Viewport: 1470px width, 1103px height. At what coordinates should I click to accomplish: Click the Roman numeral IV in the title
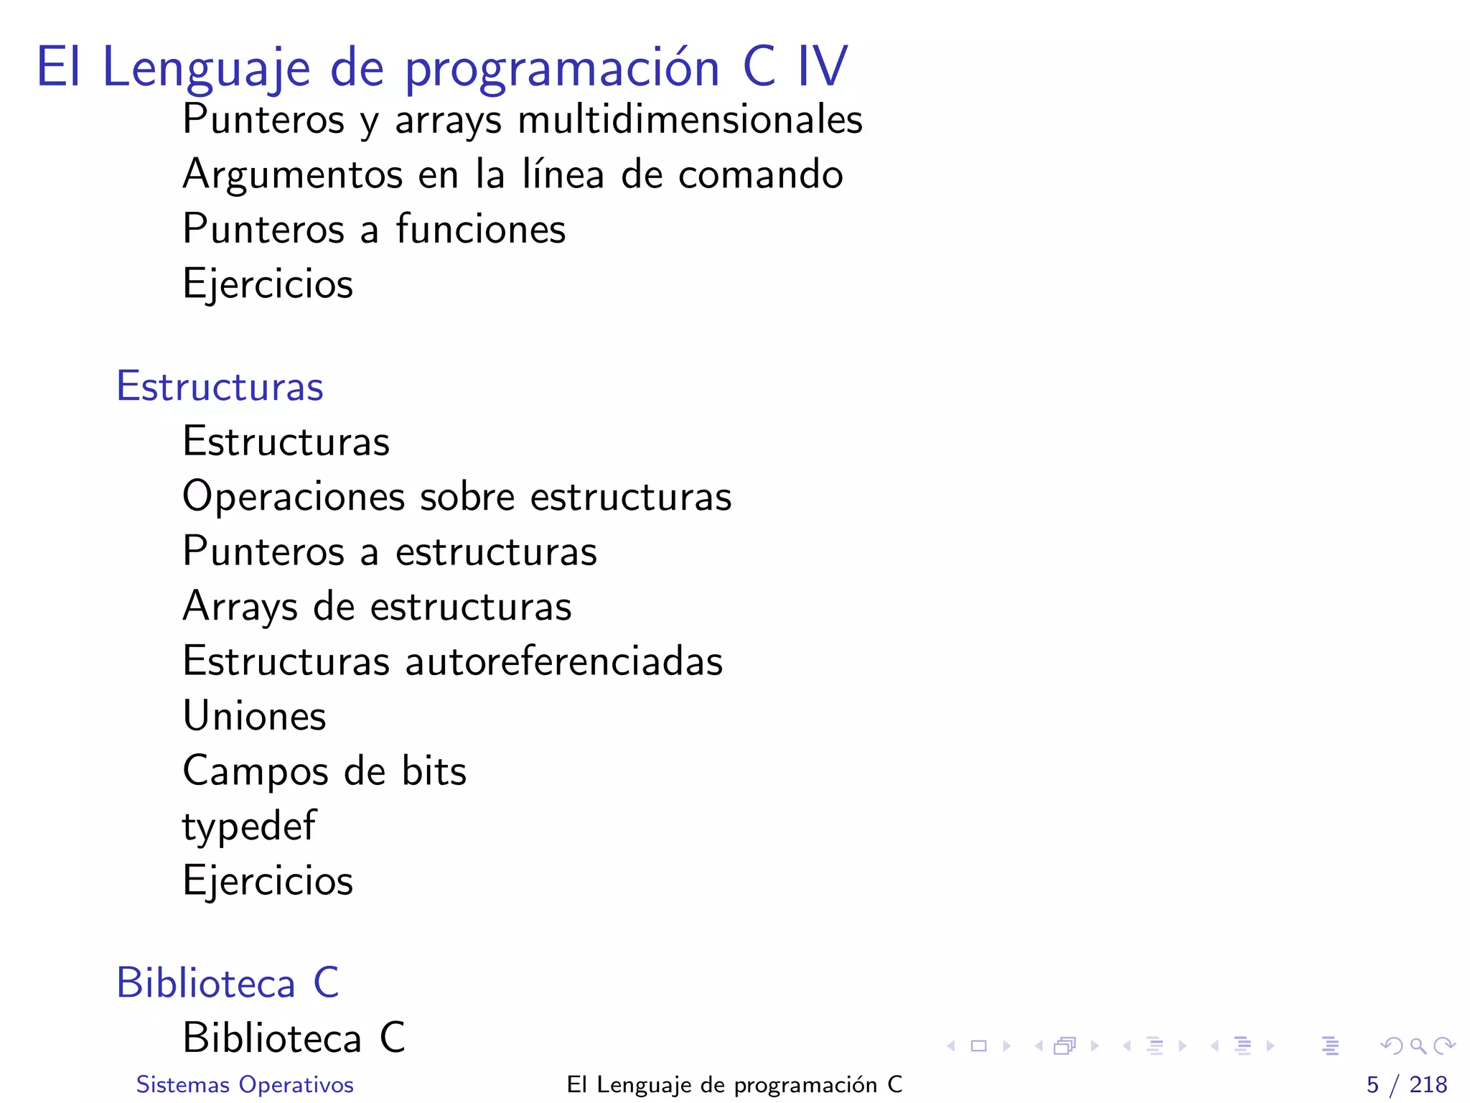coord(823,67)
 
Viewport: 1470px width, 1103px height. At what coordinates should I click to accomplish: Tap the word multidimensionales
coord(690,119)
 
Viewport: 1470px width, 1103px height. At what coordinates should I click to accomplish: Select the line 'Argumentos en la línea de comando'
coord(512,174)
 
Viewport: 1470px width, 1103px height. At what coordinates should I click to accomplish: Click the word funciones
coord(481,229)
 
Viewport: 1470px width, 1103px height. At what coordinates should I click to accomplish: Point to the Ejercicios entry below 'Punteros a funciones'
coord(268,284)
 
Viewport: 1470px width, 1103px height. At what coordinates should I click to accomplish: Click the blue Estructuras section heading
coord(220,386)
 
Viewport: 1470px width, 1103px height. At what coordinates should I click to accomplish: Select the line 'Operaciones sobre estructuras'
coord(457,497)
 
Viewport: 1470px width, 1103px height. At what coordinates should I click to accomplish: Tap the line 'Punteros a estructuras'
coord(390,551)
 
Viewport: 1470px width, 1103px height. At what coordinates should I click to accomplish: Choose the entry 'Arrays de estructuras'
coord(377,607)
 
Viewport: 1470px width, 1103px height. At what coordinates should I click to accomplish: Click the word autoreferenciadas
coord(564,661)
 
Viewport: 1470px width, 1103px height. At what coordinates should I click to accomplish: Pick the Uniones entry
coord(254,717)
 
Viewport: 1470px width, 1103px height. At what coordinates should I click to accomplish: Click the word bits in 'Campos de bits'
coord(434,771)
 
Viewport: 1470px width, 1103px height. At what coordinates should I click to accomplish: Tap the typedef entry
coord(248,827)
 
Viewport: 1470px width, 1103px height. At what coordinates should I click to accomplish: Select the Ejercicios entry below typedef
coord(268,881)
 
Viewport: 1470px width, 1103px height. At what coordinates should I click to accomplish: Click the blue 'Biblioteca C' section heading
coord(228,983)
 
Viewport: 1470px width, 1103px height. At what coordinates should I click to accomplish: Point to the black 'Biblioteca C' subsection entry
coord(294,1038)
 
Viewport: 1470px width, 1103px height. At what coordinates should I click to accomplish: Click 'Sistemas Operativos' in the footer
coord(245,1084)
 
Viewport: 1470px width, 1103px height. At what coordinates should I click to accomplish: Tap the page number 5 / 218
coord(1406,1084)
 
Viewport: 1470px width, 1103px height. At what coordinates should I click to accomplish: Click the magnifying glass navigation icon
coord(1418,1046)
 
